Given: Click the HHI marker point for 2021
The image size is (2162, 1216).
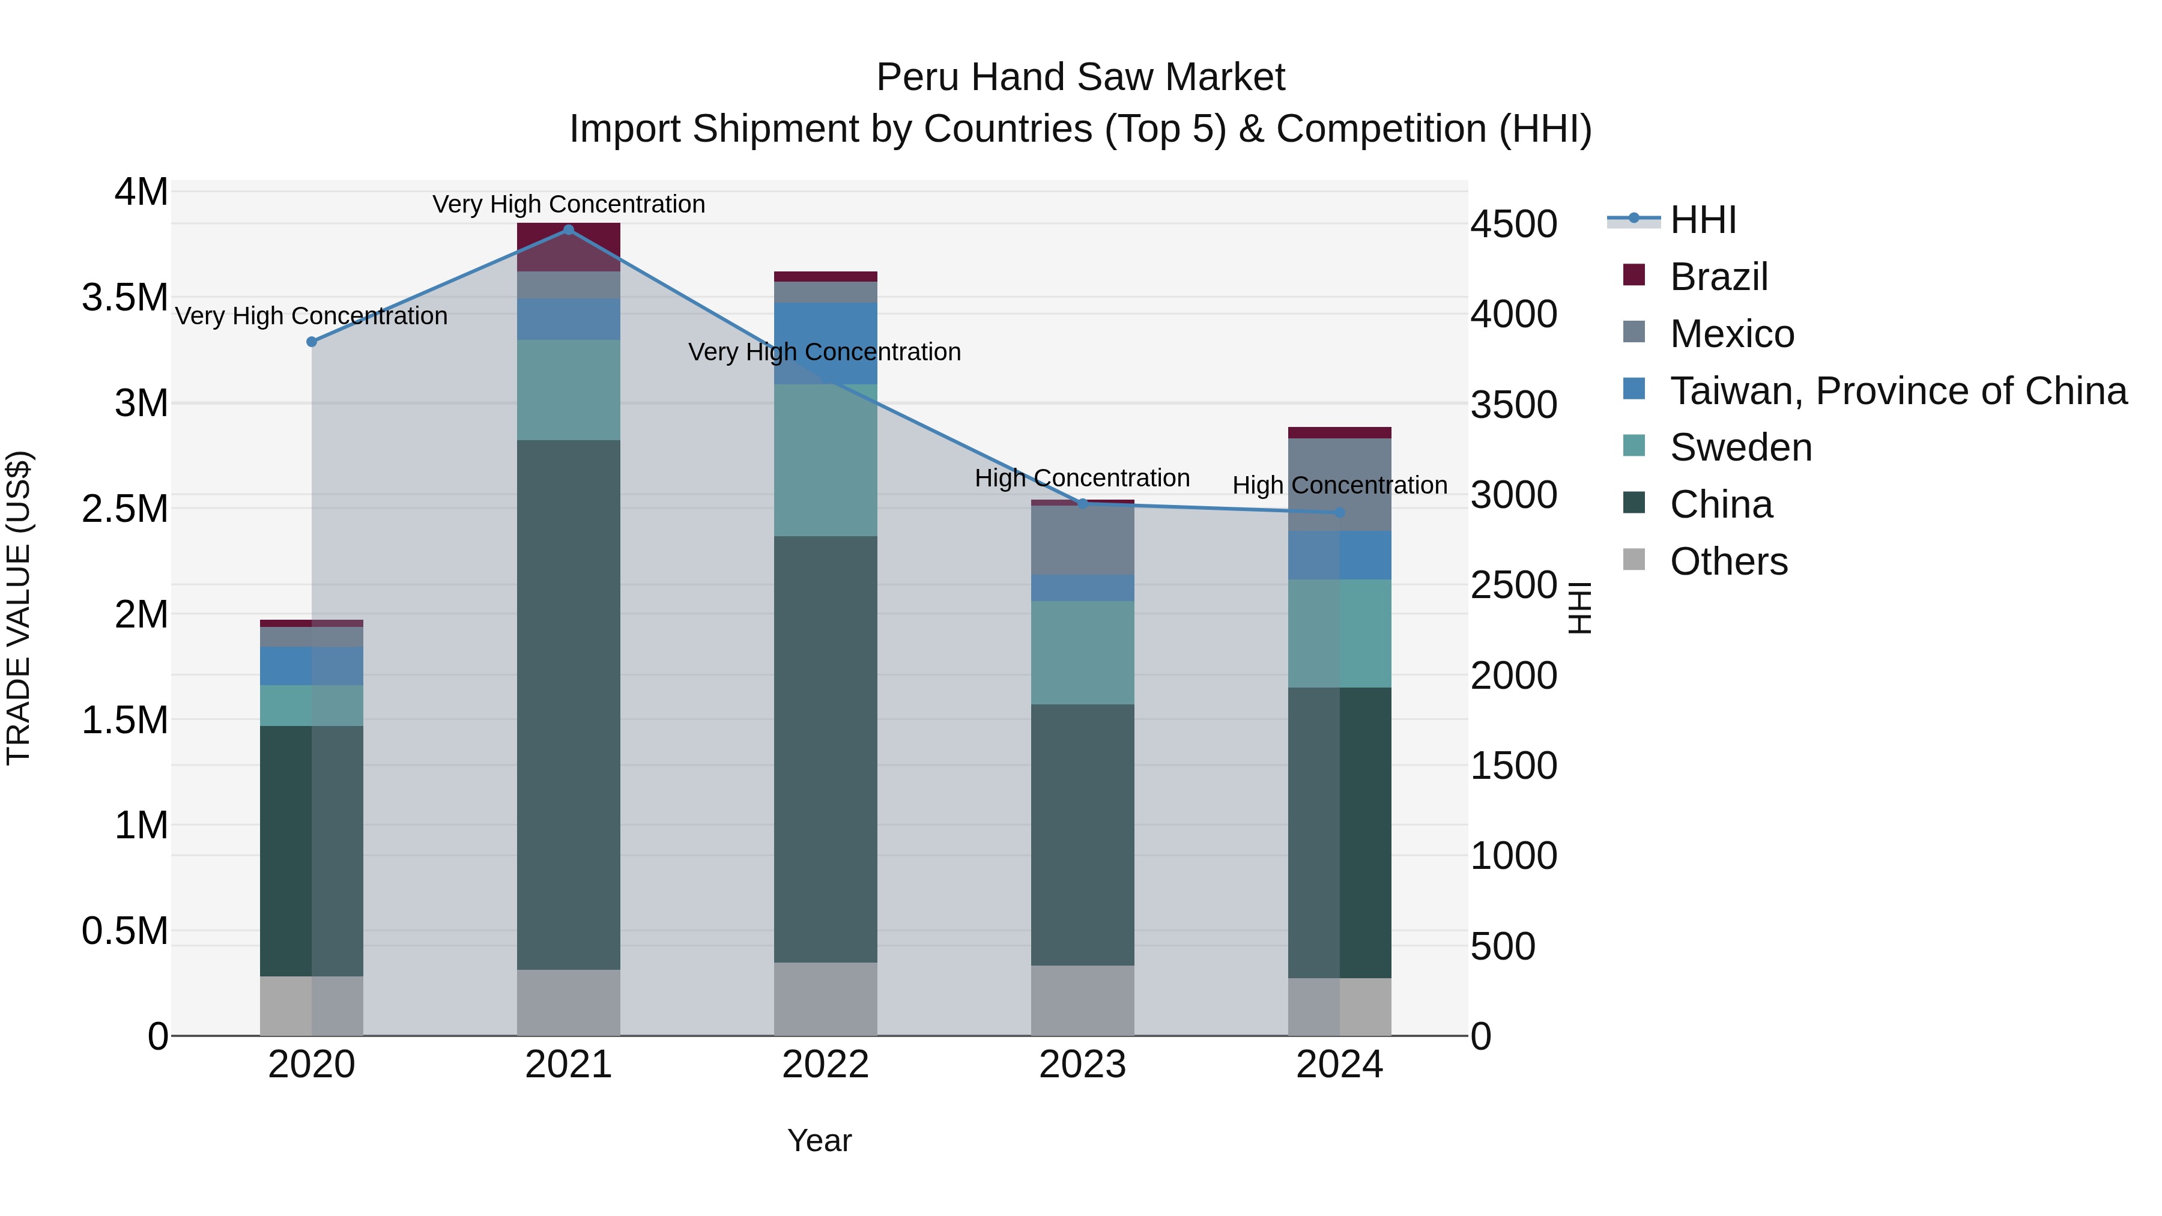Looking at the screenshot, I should point(568,230).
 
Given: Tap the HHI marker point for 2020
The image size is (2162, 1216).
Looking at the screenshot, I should point(311,342).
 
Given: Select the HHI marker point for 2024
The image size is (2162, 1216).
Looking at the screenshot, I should point(1339,512).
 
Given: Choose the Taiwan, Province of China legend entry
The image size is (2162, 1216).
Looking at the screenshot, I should point(1897,391).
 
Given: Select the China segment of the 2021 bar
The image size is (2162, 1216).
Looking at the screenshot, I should point(568,705).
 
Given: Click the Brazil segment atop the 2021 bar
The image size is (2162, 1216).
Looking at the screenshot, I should point(568,247).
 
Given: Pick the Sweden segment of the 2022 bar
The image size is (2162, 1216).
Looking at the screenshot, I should point(825,460).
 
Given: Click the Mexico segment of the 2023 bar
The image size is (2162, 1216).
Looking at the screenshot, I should point(1082,540).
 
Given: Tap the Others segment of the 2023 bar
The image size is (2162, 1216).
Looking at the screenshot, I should point(1082,1000).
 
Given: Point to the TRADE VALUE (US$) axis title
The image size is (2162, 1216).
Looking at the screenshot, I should point(19,608).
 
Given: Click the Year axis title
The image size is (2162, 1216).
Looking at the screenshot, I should point(819,1140).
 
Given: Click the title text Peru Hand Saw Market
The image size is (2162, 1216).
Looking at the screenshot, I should point(1080,77).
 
